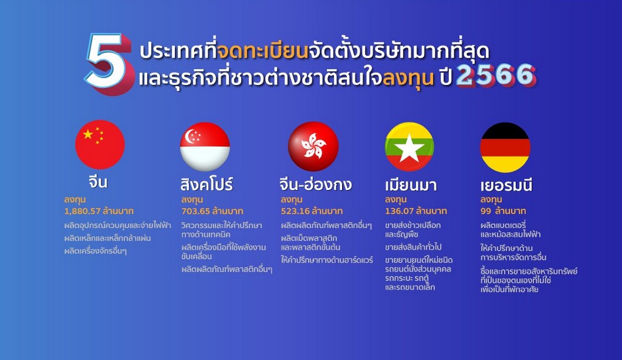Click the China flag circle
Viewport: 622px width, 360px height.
pos(100,144)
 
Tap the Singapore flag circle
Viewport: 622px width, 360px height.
pos(205,147)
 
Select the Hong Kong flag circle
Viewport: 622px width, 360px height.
pos(313,146)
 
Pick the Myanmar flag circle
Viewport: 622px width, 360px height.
pos(409,147)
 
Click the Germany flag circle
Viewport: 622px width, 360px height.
pos(505,148)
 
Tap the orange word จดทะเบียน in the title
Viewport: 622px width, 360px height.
pos(263,52)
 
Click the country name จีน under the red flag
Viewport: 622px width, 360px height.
pos(98,182)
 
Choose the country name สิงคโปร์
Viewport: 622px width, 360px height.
pos(207,184)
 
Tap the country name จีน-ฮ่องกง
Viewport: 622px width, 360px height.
pos(316,184)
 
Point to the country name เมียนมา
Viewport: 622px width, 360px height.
pos(411,185)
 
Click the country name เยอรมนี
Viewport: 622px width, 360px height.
pos(506,185)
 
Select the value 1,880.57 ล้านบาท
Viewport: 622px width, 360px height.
pos(99,211)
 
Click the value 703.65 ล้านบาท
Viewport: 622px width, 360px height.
pos(212,211)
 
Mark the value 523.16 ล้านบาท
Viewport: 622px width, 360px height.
pos(312,211)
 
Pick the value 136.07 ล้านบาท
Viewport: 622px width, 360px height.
pos(415,211)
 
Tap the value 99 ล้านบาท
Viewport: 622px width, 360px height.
pos(503,211)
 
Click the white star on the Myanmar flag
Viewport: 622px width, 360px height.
pos(409,149)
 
